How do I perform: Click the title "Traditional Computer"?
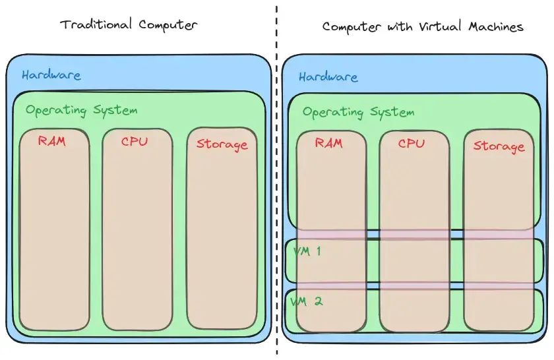[x=129, y=25]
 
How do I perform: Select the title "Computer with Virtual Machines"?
[x=422, y=27]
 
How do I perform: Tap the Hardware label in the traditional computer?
[x=51, y=75]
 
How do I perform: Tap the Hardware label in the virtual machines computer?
[x=328, y=77]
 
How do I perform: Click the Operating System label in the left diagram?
[x=81, y=110]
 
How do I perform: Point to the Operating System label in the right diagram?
[x=358, y=112]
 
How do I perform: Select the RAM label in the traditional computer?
[x=51, y=140]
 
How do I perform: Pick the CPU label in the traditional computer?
[x=135, y=141]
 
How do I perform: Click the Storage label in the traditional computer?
[x=222, y=144]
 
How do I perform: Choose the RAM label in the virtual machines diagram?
[x=328, y=142]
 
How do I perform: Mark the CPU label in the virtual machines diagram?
[x=412, y=143]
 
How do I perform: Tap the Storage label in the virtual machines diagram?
[x=499, y=146]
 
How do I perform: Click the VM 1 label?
[x=307, y=251]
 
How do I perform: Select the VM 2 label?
[x=307, y=301]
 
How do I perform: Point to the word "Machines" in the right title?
[x=496, y=27]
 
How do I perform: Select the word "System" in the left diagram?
[x=113, y=110]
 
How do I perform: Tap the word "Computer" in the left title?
[x=168, y=26]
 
